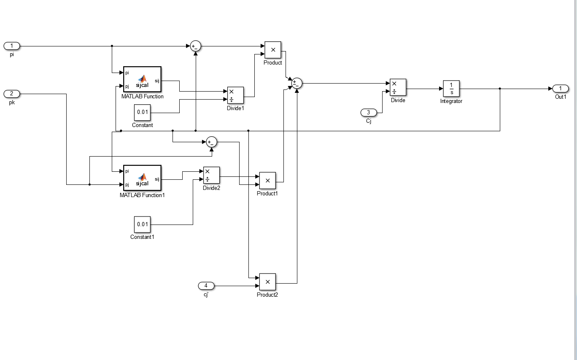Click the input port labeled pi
(11, 46)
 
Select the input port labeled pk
(11, 94)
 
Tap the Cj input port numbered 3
(369, 113)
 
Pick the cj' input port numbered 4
(206, 286)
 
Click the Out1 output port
(560, 89)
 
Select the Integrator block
(451, 89)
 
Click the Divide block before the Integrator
(398, 87)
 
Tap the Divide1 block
(235, 95)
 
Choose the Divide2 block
(211, 175)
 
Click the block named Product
(273, 50)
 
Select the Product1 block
(267, 181)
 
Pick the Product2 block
(267, 282)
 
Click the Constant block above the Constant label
(142, 112)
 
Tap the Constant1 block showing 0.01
(142, 225)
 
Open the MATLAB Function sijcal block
(142, 79)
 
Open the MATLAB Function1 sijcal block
(142, 178)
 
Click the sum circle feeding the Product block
(196, 46)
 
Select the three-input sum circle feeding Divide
(297, 83)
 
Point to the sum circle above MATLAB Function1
(212, 142)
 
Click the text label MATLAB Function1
(142, 195)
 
